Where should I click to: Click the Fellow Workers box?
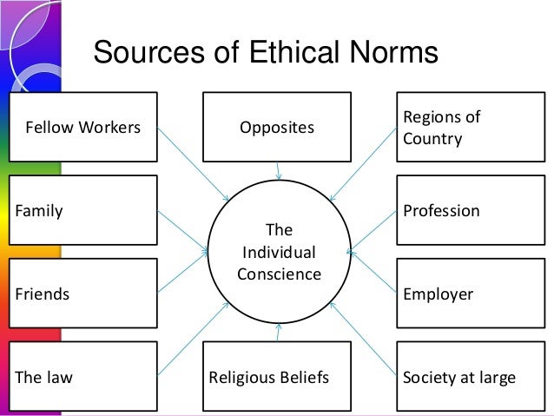click(83, 128)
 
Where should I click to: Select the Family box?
click(83, 210)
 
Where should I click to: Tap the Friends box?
click(83, 294)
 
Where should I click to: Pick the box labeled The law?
click(83, 377)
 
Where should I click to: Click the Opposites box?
click(277, 128)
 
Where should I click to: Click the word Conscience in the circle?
click(279, 274)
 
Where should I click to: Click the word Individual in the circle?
click(279, 253)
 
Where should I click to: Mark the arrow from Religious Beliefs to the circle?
click(278, 332)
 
